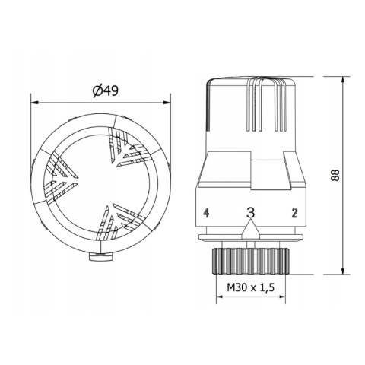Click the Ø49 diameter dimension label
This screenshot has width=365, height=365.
coord(102,91)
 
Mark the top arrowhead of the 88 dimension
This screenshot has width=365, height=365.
coord(344,78)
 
